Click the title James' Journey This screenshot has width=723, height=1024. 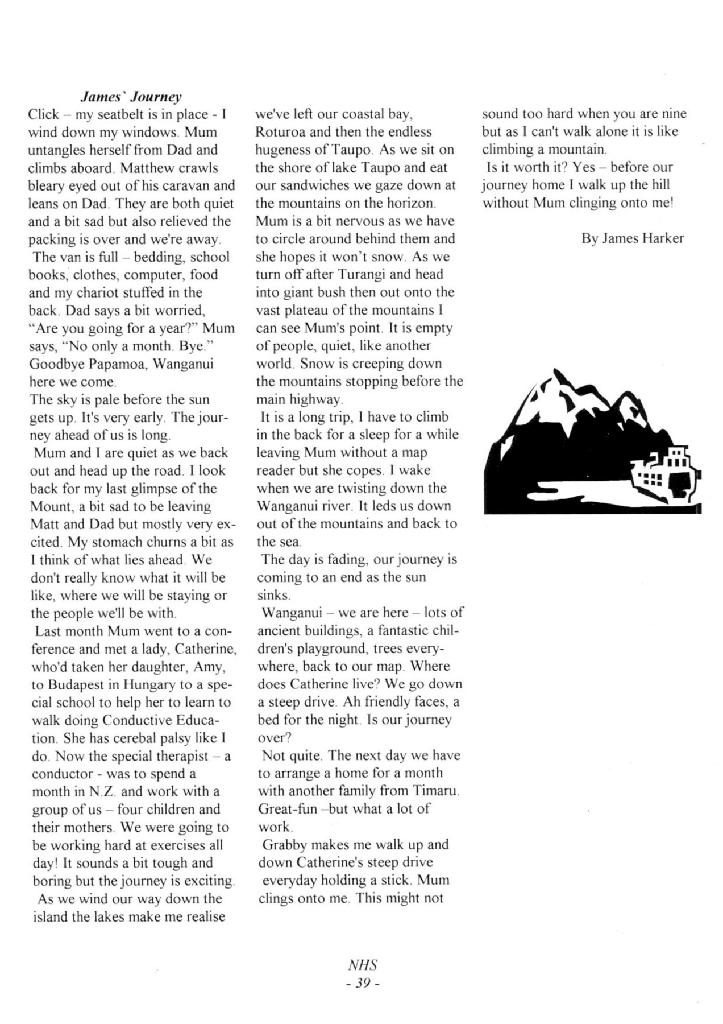tap(131, 96)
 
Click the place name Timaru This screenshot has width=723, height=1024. tap(435, 791)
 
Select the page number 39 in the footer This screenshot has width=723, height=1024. tap(363, 982)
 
